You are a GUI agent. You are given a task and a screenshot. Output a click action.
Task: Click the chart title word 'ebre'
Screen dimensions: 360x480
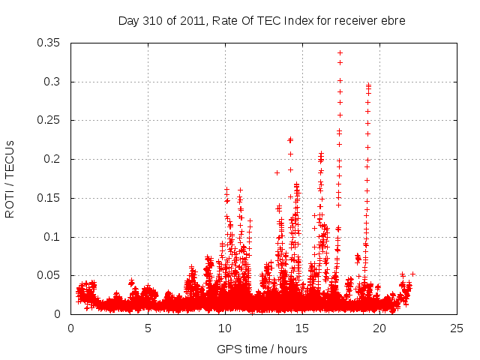click(393, 21)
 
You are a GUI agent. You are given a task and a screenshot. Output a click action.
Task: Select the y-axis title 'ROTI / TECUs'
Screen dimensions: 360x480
click(10, 178)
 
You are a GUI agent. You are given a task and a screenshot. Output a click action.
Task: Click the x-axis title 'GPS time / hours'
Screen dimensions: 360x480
click(262, 349)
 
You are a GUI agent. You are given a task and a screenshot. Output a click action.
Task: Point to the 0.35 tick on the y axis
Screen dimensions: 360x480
click(51, 43)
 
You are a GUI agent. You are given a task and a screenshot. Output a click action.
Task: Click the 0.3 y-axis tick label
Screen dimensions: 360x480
click(55, 82)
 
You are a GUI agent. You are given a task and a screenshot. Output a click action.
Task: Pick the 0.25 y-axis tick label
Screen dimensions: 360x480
click(51, 120)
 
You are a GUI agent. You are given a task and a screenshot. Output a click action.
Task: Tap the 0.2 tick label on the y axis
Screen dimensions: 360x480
click(55, 159)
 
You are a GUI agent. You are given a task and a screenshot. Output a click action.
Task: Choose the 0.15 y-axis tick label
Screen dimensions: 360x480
click(51, 198)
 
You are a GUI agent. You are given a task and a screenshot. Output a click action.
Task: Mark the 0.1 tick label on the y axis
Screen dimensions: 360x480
click(55, 237)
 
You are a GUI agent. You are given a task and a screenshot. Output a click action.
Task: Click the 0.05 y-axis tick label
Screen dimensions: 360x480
click(51, 275)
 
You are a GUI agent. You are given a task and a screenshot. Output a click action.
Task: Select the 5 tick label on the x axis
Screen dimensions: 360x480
click(148, 328)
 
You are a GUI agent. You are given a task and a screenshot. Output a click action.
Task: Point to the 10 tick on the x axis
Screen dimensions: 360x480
click(225, 328)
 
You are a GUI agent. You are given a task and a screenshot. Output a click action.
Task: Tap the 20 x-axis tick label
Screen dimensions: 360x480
click(379, 328)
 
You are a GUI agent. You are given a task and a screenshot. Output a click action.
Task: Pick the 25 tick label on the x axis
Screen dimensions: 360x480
click(457, 328)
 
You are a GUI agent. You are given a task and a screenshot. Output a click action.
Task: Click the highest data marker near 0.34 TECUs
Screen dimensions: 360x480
click(340, 52)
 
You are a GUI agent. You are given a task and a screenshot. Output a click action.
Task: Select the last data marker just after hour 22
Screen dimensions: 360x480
click(412, 274)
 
